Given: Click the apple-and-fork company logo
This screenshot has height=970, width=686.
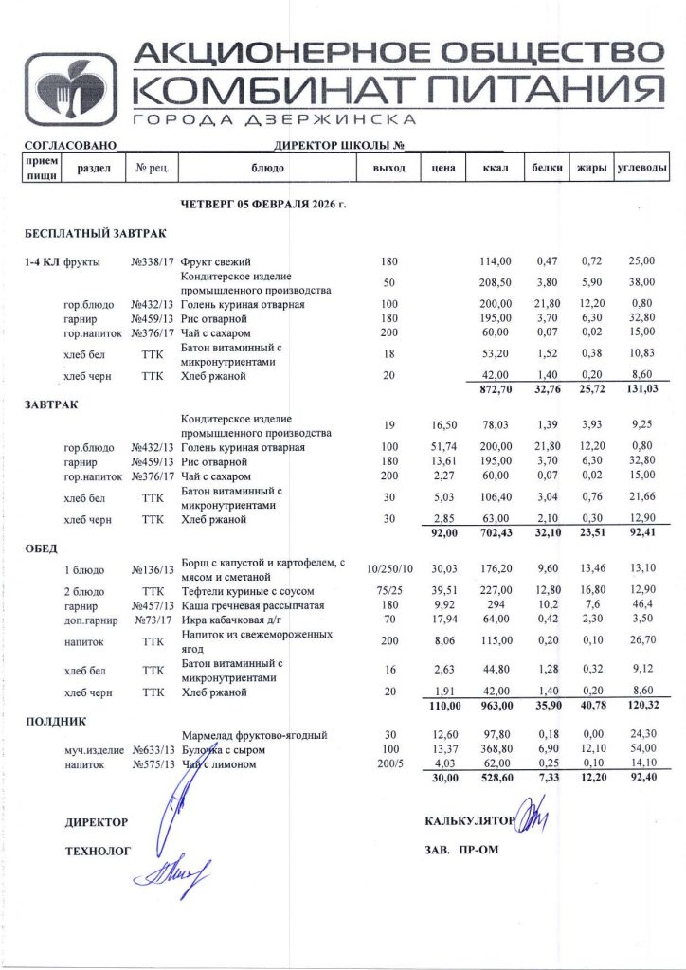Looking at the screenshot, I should [x=71, y=88].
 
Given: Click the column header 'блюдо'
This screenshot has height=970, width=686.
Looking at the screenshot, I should [x=267, y=169].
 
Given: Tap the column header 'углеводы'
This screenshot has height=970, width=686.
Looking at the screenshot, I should [x=641, y=169].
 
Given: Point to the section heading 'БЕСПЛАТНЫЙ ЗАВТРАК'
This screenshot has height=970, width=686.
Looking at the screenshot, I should [x=94, y=233].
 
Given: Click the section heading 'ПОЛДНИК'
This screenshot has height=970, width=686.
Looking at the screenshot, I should [x=55, y=721].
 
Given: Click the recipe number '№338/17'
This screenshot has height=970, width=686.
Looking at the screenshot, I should [x=151, y=261].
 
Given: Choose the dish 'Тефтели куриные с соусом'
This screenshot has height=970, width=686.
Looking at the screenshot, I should [x=244, y=591].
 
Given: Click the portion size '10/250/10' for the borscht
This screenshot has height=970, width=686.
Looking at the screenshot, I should [x=388, y=568].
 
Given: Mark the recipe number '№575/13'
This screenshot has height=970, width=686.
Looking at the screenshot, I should [x=151, y=763].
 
